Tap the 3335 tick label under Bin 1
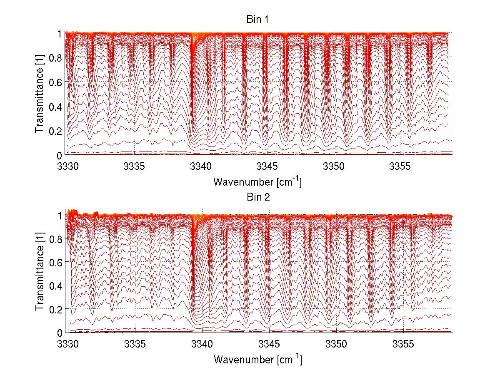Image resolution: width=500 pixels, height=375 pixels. [135, 166]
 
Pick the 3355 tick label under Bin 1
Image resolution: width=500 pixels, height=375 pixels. [400, 166]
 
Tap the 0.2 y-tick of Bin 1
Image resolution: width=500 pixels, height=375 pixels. [56, 131]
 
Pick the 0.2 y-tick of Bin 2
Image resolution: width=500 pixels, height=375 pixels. [56, 309]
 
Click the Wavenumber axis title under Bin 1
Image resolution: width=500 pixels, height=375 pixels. [257, 182]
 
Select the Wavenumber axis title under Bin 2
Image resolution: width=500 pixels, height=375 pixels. [257, 359]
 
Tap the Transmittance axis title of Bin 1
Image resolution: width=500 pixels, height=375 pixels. [40, 93]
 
